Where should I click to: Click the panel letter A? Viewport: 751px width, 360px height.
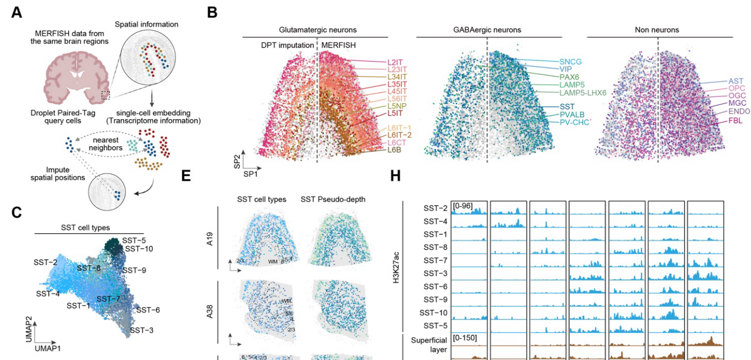17,11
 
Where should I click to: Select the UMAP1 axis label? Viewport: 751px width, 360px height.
48,349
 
